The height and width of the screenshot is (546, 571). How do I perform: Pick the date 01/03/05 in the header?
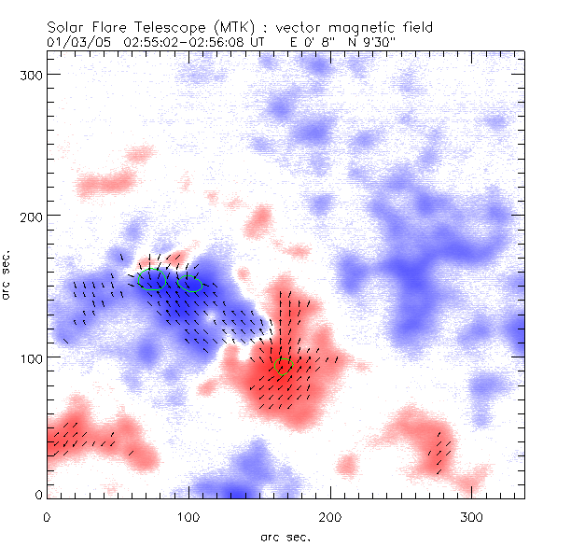coord(77,42)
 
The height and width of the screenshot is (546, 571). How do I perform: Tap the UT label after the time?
coord(259,42)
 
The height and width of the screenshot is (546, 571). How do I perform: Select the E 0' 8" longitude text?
coord(313,42)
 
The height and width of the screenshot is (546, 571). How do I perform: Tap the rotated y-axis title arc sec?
coord(8,276)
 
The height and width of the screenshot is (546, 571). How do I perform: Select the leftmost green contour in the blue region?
coord(150,280)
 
